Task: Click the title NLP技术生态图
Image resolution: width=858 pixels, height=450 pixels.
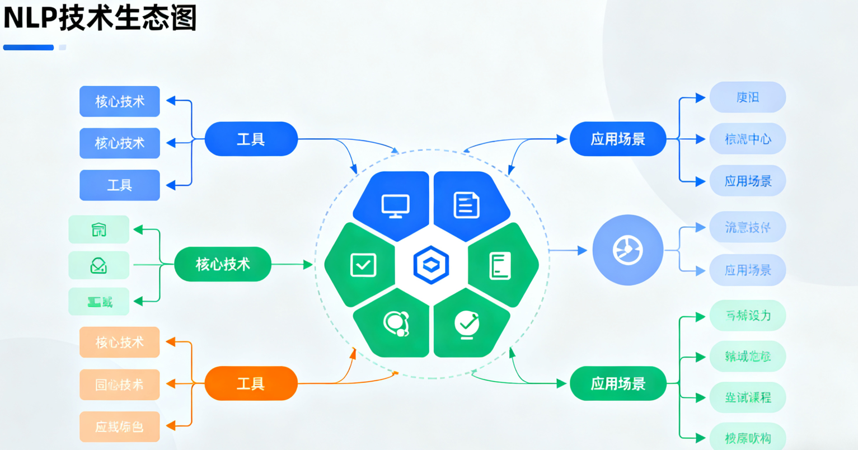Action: (x=100, y=18)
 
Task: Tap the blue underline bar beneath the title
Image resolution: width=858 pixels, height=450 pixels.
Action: (x=29, y=48)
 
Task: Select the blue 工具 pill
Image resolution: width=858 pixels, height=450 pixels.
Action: (x=251, y=139)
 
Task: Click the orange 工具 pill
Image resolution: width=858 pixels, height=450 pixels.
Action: (x=251, y=383)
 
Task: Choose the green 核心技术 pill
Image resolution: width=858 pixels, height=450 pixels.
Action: (x=223, y=264)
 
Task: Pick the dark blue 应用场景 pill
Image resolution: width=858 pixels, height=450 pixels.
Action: (x=618, y=139)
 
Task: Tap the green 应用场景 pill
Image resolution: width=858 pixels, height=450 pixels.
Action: (x=618, y=383)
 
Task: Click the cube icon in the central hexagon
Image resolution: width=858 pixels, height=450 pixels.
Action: (x=430, y=264)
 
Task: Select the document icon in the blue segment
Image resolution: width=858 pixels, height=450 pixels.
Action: (x=466, y=205)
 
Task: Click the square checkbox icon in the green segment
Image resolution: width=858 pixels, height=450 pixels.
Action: (x=363, y=265)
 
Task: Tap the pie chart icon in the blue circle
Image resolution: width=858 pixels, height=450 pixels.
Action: (x=627, y=250)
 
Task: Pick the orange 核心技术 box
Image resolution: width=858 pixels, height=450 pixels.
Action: (x=119, y=342)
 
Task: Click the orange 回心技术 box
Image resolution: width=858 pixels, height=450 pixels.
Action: (x=119, y=385)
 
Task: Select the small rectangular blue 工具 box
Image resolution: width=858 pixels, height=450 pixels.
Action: (x=119, y=185)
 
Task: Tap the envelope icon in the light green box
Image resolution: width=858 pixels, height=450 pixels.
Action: (x=99, y=265)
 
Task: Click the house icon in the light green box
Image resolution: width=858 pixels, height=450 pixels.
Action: (x=99, y=229)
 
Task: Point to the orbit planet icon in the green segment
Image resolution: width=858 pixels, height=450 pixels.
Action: (x=396, y=324)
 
